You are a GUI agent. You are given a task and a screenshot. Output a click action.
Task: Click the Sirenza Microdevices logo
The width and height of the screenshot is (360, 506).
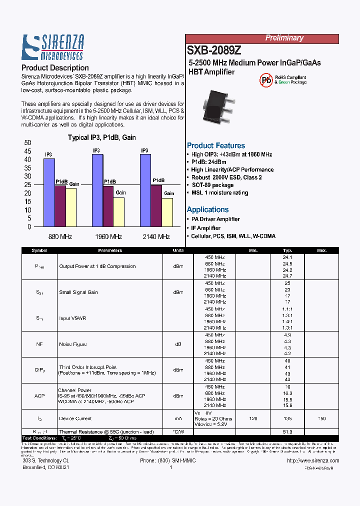tap(53, 47)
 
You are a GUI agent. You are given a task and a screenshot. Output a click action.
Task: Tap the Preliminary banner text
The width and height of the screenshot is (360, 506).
tap(284, 38)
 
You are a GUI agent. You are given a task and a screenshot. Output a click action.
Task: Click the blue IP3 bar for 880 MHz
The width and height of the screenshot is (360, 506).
tap(49, 192)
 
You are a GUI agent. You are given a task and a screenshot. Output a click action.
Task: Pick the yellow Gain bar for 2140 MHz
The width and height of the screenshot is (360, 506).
tap(167, 212)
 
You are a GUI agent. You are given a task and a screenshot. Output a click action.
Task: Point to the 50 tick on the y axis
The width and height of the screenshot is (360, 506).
tap(27, 143)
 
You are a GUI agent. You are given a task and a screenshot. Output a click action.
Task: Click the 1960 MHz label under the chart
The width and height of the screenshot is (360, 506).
tap(108, 237)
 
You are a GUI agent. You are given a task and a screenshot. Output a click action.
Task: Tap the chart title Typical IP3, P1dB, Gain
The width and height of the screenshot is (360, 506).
tap(101, 137)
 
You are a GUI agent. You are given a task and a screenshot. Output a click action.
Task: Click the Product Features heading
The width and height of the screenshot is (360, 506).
tap(216, 145)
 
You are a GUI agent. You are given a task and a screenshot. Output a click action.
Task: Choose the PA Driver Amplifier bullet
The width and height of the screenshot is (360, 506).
tap(215, 219)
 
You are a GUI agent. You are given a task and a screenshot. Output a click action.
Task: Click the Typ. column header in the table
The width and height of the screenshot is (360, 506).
tap(287, 250)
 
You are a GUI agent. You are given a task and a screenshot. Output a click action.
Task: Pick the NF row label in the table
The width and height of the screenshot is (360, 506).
tap(39, 344)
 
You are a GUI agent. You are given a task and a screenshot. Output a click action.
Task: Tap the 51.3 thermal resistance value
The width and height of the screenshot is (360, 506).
tap(287, 431)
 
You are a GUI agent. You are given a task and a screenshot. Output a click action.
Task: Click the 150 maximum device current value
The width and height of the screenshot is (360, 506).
tap(322, 418)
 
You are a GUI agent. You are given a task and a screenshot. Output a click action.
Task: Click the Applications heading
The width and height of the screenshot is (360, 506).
tap(207, 209)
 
